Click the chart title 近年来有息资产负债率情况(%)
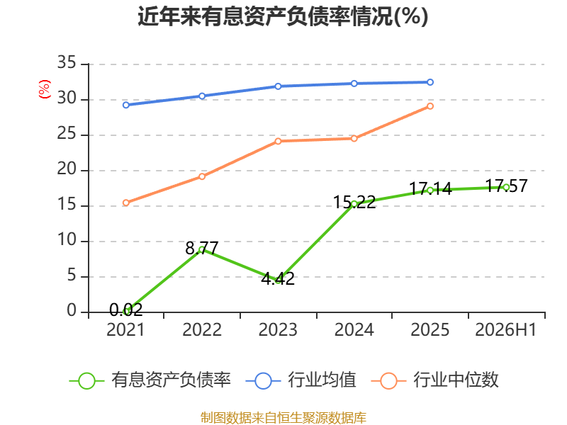click(283, 16)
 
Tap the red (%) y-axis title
click(45, 89)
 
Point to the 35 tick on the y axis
click(67, 62)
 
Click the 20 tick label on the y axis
click(67, 169)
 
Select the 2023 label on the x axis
click(278, 329)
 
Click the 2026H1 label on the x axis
click(505, 329)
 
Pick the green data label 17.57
click(506, 186)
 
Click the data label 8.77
click(202, 249)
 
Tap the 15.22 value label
click(354, 203)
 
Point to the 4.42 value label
click(278, 278)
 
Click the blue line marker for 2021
click(126, 105)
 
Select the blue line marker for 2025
click(430, 82)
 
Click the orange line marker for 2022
click(202, 176)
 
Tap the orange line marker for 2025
click(430, 106)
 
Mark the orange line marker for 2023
click(278, 141)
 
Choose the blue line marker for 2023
click(278, 86)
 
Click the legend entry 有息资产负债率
click(150, 380)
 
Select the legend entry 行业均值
click(301, 380)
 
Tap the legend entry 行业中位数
click(434, 380)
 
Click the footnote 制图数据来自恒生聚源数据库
click(283, 418)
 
